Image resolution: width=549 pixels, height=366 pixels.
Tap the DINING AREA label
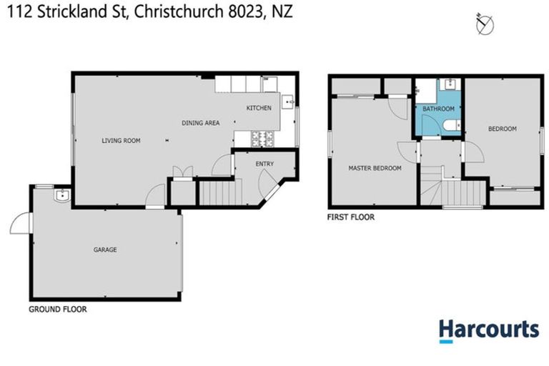[x=200, y=124]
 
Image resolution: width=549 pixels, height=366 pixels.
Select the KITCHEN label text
[x=259, y=108]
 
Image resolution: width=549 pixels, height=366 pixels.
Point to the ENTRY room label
[x=264, y=164]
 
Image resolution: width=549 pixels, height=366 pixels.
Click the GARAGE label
[x=104, y=249]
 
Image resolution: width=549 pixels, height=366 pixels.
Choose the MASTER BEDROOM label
[x=375, y=169]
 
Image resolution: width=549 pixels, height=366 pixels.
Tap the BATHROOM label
[x=438, y=109]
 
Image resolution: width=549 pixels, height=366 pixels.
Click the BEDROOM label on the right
[x=502, y=129]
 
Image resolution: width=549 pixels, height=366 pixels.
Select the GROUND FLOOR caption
[x=58, y=310]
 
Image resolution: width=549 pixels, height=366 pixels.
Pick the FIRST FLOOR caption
[x=350, y=217]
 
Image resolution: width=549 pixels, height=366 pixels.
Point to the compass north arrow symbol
[x=485, y=25]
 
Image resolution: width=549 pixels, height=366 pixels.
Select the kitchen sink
[x=288, y=102]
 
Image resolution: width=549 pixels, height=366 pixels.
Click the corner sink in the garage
[x=61, y=194]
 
